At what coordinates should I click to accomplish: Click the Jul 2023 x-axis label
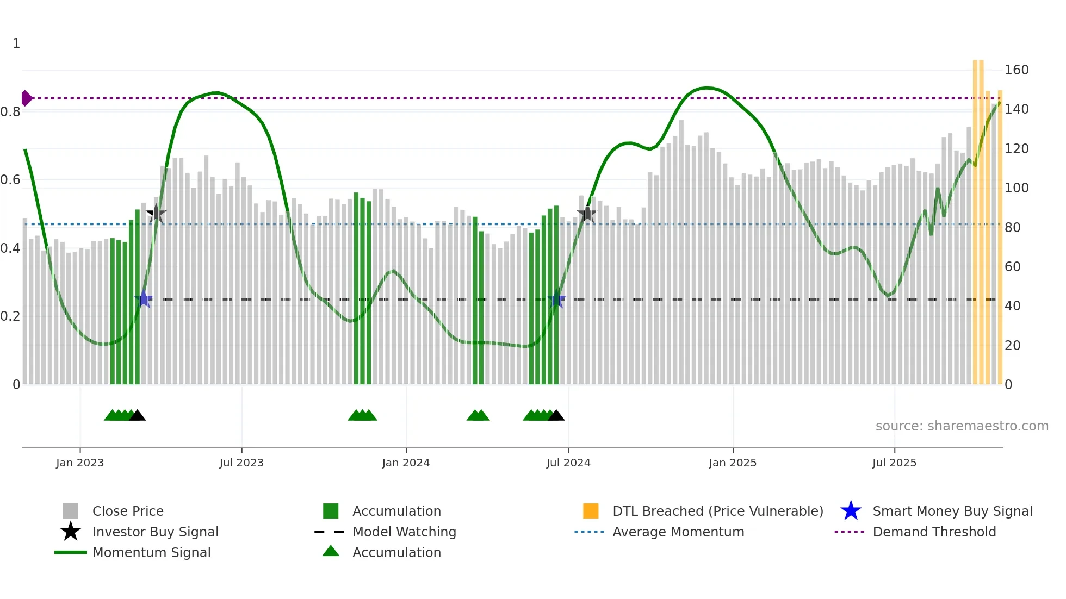(x=241, y=463)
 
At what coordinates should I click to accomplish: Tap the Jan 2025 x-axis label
(x=733, y=463)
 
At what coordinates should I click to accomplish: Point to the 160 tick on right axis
(x=1016, y=70)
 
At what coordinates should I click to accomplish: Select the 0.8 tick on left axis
(x=10, y=112)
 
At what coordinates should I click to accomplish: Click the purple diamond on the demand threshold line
(x=26, y=98)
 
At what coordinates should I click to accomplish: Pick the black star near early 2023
(x=156, y=214)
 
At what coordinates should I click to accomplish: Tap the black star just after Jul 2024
(x=587, y=214)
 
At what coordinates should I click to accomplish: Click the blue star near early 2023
(x=144, y=299)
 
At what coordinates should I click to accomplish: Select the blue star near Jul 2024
(x=556, y=299)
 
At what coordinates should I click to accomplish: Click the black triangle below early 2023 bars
(x=137, y=416)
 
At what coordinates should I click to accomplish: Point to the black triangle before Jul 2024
(x=556, y=416)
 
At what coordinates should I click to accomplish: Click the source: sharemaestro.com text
(x=962, y=426)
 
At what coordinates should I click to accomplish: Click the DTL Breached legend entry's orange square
(x=591, y=511)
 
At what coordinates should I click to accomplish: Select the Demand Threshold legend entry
(x=934, y=532)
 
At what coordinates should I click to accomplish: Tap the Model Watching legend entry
(x=404, y=532)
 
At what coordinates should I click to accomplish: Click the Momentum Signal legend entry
(x=151, y=552)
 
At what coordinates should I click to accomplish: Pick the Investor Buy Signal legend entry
(x=155, y=532)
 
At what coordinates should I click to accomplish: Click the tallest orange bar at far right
(x=975, y=217)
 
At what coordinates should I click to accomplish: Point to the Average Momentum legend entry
(x=678, y=532)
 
